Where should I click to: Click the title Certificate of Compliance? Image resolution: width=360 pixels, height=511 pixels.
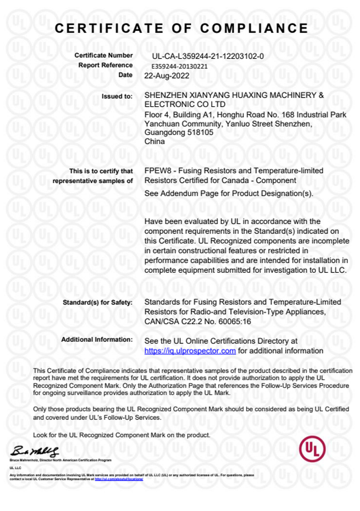coord(181,28)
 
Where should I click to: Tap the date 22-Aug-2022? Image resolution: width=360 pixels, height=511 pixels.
coord(166,76)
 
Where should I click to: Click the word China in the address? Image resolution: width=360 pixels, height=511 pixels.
coord(154,141)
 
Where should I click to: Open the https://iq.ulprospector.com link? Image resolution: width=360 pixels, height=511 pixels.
coord(190,351)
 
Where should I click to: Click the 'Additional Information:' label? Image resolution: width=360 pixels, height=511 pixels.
coord(97,339)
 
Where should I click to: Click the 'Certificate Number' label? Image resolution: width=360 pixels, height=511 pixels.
coord(103,56)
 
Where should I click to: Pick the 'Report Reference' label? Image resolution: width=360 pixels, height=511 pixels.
coord(105,65)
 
